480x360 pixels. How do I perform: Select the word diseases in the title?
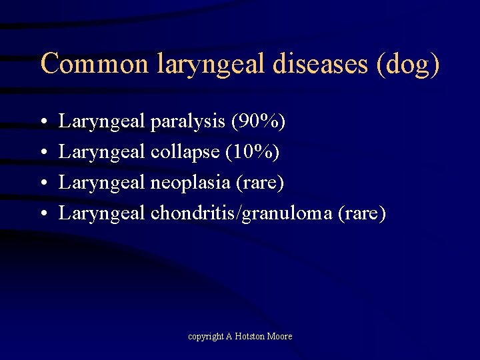[324, 63]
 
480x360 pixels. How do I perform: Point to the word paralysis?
[188, 122]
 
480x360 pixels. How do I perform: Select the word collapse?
[185, 152]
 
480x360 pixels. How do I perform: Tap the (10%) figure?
[253, 152]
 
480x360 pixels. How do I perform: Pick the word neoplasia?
[191, 183]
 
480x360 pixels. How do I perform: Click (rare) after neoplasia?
[260, 183]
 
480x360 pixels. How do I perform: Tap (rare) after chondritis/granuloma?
[362, 213]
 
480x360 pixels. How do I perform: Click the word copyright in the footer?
[205, 337]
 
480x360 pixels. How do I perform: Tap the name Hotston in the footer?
[250, 337]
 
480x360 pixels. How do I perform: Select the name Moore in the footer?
[280, 337]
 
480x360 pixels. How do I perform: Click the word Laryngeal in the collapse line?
[102, 152]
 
